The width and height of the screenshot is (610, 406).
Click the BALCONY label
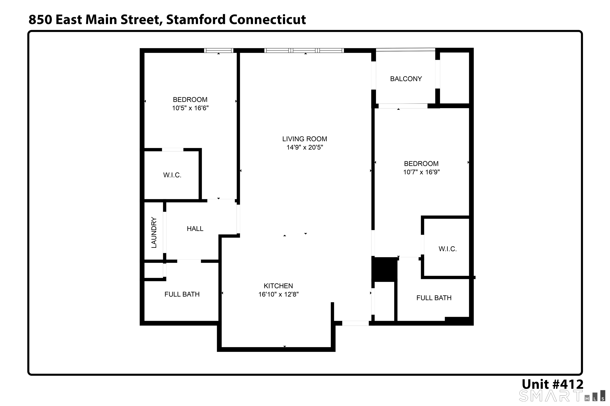click(x=406, y=79)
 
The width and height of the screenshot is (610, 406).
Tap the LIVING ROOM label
click(x=305, y=139)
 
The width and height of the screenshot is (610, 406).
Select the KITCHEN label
click(x=278, y=286)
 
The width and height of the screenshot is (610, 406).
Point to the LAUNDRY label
click(x=154, y=233)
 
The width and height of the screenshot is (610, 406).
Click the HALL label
click(x=195, y=229)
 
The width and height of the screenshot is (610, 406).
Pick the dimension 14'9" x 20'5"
click(x=305, y=147)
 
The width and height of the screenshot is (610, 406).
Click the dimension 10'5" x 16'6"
click(x=190, y=108)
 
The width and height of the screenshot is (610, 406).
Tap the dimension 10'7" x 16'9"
click(x=421, y=172)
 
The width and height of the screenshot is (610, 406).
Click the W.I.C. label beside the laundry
click(x=172, y=175)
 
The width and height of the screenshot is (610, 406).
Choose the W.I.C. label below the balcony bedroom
click(x=448, y=249)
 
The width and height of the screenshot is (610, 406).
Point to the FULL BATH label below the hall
click(x=182, y=294)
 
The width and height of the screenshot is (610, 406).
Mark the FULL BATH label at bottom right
click(x=434, y=298)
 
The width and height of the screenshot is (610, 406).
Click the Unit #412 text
click(x=552, y=384)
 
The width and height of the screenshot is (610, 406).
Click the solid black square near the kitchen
click(x=384, y=269)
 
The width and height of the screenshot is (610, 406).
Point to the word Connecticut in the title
click(x=268, y=19)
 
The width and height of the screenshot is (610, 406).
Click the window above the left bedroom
click(x=219, y=51)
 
